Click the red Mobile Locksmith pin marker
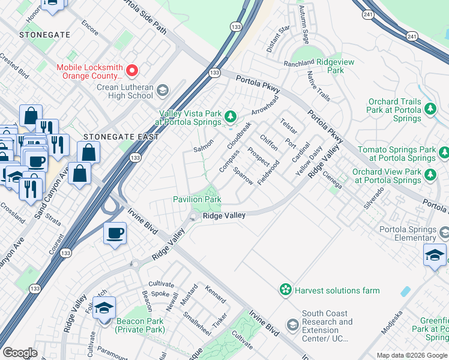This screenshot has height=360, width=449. (132, 71)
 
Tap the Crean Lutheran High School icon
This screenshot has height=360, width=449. (162, 91)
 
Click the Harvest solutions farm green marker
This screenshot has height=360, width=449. (285, 290)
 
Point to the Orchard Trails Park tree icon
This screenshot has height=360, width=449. (430, 108)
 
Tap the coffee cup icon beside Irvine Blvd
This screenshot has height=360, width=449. (114, 233)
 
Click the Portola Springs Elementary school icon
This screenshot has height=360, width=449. (444, 232)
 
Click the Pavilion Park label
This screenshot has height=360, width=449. (197, 199)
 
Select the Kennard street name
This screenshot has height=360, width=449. (215, 295)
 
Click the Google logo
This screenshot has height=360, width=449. (20, 353)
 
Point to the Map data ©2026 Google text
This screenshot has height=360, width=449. (411, 355)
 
